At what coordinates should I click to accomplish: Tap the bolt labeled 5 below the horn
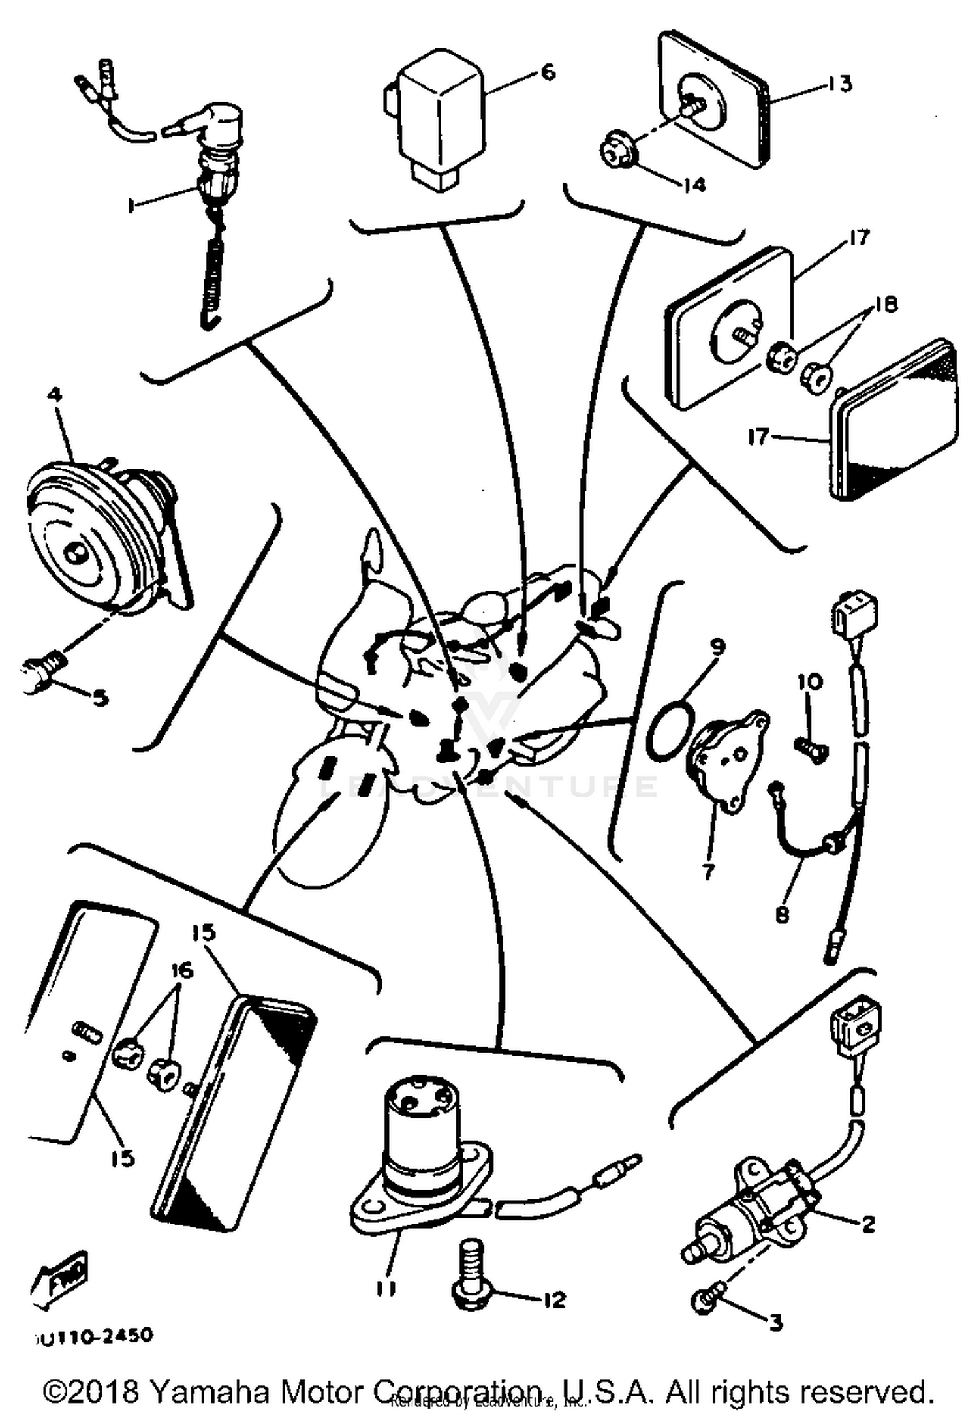(x=42, y=672)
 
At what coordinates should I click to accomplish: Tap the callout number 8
(x=782, y=914)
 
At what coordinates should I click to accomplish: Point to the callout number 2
(x=867, y=1224)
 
